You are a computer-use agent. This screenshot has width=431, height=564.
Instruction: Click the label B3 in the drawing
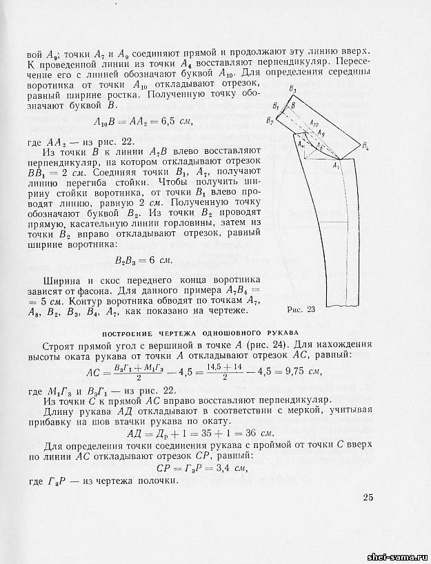274,90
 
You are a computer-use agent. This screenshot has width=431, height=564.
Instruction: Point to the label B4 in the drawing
365,149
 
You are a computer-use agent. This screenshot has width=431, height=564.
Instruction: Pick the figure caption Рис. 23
300,309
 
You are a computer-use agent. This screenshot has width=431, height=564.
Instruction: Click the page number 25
368,498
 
